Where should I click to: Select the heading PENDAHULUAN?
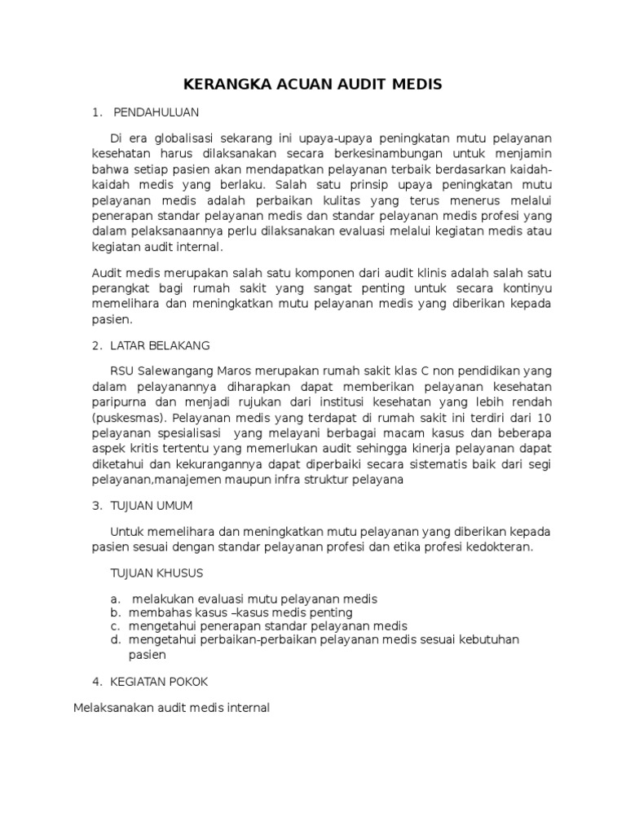point(156,111)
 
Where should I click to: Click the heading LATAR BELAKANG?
point(161,345)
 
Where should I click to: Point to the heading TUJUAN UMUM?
point(153,506)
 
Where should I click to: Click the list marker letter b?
point(115,612)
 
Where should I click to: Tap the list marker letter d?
point(115,639)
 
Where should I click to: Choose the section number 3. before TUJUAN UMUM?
point(96,506)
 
